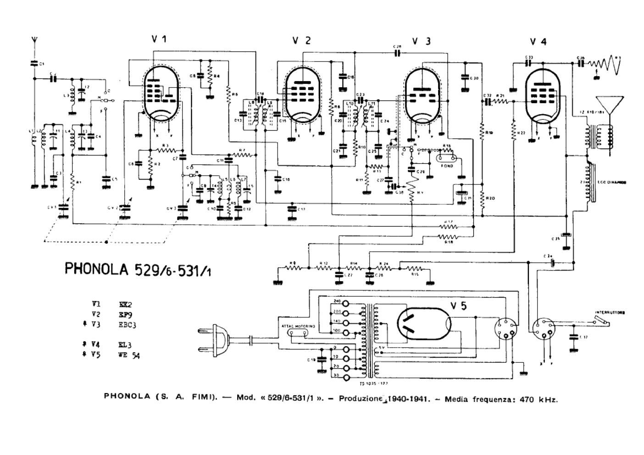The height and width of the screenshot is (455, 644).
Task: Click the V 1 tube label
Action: (159, 39)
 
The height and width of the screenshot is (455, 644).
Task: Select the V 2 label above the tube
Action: (301, 41)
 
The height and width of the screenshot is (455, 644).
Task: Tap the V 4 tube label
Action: (538, 42)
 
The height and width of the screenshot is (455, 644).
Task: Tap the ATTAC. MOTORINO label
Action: (298, 326)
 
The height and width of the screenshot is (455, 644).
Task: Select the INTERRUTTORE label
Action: (609, 312)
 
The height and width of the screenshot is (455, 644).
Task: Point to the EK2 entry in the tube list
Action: (125, 304)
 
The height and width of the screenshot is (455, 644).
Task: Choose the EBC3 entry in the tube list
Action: (127, 325)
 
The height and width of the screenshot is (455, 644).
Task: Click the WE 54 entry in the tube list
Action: (129, 355)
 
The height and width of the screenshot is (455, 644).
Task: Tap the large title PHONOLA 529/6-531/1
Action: (138, 269)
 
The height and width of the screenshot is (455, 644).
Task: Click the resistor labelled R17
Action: (448, 226)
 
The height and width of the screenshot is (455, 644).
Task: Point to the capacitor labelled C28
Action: (397, 53)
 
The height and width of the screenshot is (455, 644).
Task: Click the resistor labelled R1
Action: (72, 183)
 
